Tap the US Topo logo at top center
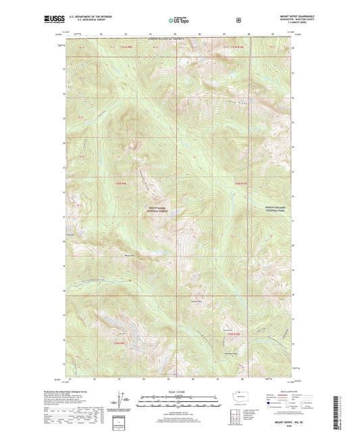179,21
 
